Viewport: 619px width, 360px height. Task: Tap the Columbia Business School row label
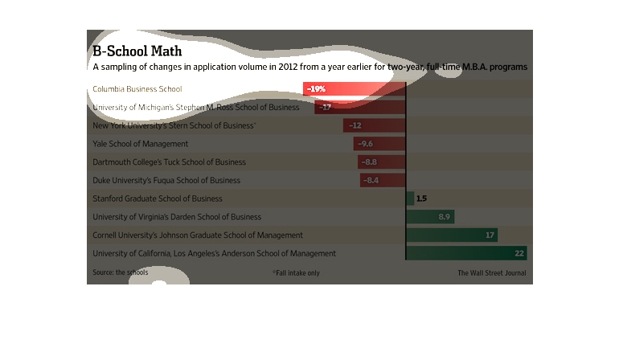137,88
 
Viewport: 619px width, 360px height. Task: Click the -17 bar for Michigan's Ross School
360,107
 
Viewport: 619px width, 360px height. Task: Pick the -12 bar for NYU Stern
375,125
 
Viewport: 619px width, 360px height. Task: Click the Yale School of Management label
141,144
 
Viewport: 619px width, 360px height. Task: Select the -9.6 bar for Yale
379,144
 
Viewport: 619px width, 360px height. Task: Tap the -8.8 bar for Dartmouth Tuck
382,162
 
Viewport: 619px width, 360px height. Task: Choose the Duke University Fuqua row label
166,180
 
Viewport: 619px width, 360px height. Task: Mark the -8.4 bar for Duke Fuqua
383,180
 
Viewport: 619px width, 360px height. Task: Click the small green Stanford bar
411,198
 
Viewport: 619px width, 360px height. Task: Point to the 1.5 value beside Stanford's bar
421,198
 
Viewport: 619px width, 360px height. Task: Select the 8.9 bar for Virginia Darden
431,217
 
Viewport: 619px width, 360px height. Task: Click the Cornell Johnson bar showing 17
453,235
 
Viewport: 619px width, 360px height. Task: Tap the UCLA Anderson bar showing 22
467,254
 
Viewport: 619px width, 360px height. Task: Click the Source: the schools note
121,272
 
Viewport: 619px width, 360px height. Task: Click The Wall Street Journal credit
492,273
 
